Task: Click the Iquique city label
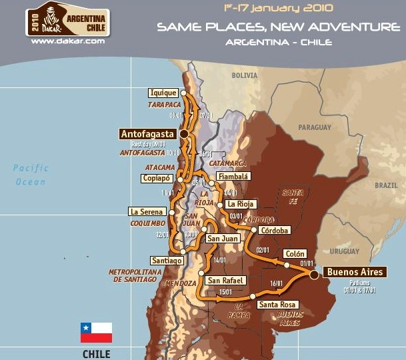(x=163, y=93)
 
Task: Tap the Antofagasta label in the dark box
(x=147, y=134)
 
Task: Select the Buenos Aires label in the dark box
(x=355, y=272)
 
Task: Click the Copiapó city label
(x=157, y=178)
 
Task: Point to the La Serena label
(x=147, y=212)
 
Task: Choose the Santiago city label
(x=167, y=261)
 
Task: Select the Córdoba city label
(x=275, y=231)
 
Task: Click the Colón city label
(x=295, y=254)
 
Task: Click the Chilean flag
(x=96, y=331)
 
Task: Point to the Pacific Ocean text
(x=31, y=175)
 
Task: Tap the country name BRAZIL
(x=385, y=185)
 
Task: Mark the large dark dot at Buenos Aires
(x=315, y=273)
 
